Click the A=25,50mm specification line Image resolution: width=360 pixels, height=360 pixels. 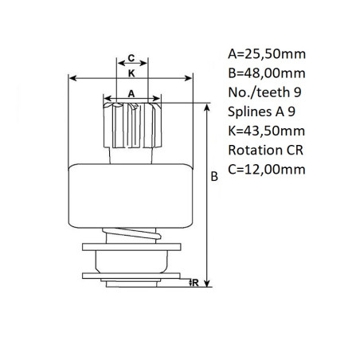pyautogui.click(x=267, y=54)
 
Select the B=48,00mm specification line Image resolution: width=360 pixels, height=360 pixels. pyautogui.click(x=267, y=73)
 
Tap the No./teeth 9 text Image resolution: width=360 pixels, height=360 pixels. pyautogui.click(x=264, y=92)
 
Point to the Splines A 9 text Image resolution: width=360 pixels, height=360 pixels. pyautogui.click(x=261, y=112)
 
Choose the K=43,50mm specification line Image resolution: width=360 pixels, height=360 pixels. pyautogui.click(x=267, y=131)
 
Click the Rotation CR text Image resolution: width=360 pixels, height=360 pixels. pyautogui.click(x=265, y=151)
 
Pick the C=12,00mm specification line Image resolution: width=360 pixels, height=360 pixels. pyautogui.click(x=267, y=170)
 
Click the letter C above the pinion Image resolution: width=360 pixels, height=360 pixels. pyautogui.click(x=131, y=57)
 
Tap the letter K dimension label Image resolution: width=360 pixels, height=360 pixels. pyautogui.click(x=131, y=73)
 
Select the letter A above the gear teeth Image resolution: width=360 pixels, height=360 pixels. pyautogui.click(x=131, y=94)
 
